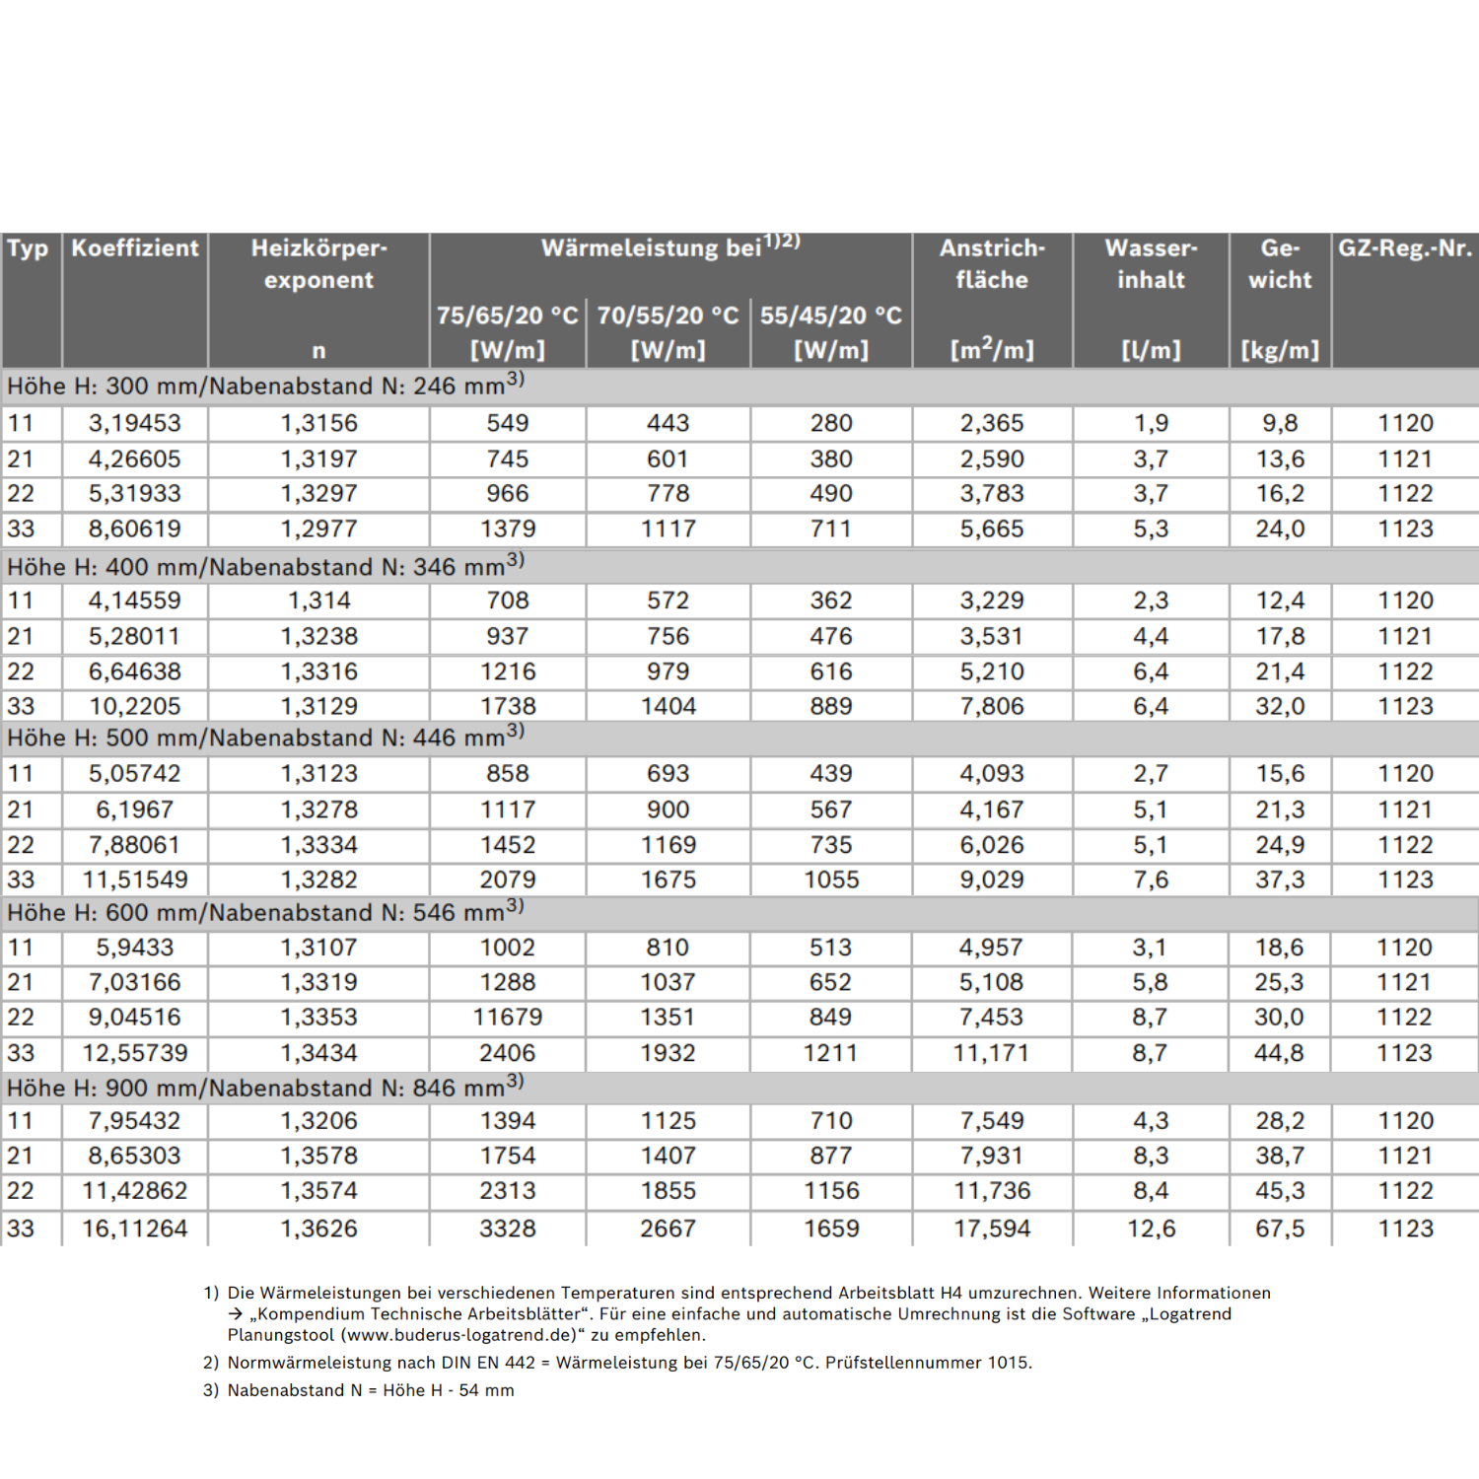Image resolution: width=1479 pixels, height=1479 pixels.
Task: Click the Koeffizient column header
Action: coord(135,248)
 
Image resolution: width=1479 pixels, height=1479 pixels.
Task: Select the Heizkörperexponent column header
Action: coord(318,264)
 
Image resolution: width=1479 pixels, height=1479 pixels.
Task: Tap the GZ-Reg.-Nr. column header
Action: coord(1404,248)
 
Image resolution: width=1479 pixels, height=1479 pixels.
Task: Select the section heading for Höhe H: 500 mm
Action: coord(264,738)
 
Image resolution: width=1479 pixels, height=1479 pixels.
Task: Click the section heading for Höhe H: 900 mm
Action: coord(264,1088)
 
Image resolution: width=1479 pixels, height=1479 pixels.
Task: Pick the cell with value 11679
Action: coord(507,1018)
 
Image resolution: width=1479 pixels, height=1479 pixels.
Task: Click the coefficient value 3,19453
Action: coord(135,424)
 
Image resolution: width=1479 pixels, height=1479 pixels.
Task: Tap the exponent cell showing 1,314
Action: coord(318,600)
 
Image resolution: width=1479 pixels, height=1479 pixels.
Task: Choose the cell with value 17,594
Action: coord(992,1229)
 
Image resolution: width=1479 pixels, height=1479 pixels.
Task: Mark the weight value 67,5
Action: coord(1279,1229)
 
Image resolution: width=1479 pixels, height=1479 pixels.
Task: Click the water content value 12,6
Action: coord(1151,1229)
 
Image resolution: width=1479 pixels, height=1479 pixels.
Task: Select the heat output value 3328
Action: coord(507,1229)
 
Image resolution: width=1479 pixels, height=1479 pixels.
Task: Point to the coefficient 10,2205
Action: coord(135,706)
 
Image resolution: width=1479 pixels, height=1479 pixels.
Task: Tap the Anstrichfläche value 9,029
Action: coord(992,880)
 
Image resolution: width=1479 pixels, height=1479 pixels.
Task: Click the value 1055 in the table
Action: coord(830,880)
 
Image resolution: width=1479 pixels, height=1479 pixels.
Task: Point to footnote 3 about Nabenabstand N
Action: coord(370,1390)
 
